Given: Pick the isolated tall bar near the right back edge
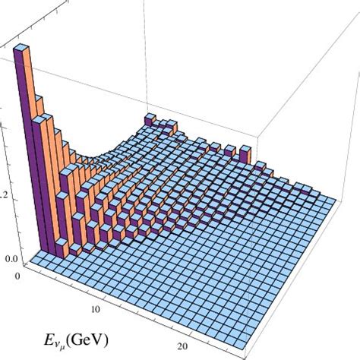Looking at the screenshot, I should point(243,155).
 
